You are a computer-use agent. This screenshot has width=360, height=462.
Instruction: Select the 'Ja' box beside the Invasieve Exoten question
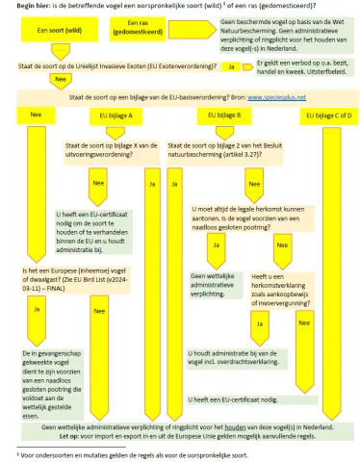pyautogui.click(x=232, y=66)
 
